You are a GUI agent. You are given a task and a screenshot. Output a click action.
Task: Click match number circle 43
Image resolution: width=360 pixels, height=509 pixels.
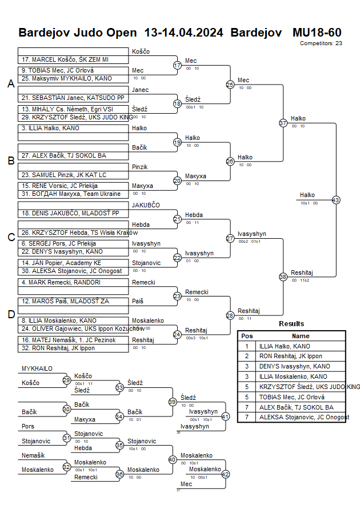click(x=335, y=200)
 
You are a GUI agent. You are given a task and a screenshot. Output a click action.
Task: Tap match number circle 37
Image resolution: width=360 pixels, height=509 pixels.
click(x=283, y=123)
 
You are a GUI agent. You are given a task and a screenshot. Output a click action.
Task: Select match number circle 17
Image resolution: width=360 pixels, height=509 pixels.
click(x=177, y=65)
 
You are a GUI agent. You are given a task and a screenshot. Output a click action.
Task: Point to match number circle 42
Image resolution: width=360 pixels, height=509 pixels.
click(x=225, y=474)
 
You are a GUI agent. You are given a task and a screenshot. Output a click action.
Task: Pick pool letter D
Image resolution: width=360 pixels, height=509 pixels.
click(x=10, y=314)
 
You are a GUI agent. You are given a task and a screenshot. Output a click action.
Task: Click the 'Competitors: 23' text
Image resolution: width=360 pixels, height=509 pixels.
click(x=321, y=43)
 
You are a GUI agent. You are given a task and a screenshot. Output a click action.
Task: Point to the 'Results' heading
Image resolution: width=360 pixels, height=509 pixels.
click(x=291, y=324)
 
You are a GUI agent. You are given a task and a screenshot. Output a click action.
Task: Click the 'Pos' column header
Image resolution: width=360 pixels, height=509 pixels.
click(x=247, y=336)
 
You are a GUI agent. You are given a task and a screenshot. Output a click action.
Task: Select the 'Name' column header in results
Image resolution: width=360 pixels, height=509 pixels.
click(x=301, y=336)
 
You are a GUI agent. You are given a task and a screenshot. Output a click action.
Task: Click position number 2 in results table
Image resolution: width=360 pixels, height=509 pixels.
click(x=247, y=356)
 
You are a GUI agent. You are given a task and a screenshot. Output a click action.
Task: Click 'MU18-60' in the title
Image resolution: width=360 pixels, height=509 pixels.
click(x=317, y=32)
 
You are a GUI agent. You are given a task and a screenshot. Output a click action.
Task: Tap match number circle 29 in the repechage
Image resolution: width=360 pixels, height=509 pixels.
click(x=66, y=380)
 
